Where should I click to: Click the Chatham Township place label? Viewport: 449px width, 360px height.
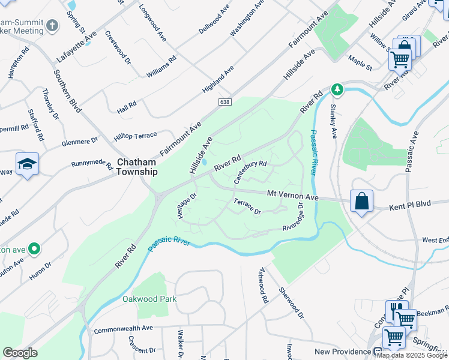pyautogui.click(x=137, y=167)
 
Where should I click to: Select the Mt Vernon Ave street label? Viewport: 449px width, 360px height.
pyautogui.click(x=292, y=196)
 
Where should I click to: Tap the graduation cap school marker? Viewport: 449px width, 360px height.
pyautogui.click(x=27, y=164)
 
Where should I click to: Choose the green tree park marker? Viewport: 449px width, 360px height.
pyautogui.click(x=338, y=89)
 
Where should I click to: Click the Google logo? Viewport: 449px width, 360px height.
pyautogui.click(x=20, y=353)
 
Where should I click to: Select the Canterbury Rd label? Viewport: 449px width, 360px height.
pyautogui.click(x=250, y=170)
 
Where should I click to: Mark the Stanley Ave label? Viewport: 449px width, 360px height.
pyautogui.click(x=332, y=121)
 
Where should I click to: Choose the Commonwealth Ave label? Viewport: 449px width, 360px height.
pyautogui.click(x=124, y=328)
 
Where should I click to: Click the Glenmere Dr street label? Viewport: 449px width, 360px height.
pyautogui.click(x=79, y=142)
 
